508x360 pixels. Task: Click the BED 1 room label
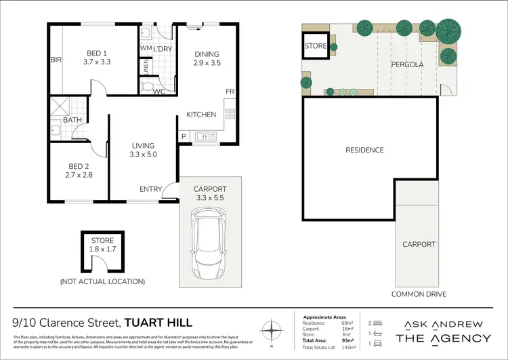tap(96, 54)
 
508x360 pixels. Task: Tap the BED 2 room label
tap(78, 166)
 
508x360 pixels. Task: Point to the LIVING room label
tap(143, 145)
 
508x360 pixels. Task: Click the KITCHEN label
tap(201, 115)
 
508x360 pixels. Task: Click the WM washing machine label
tap(146, 49)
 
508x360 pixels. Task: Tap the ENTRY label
tap(150, 189)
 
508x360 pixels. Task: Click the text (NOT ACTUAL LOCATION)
tap(102, 281)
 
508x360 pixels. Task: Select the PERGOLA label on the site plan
tap(407, 64)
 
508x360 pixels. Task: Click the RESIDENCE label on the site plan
tap(364, 150)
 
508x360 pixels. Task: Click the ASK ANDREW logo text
tap(443, 323)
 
